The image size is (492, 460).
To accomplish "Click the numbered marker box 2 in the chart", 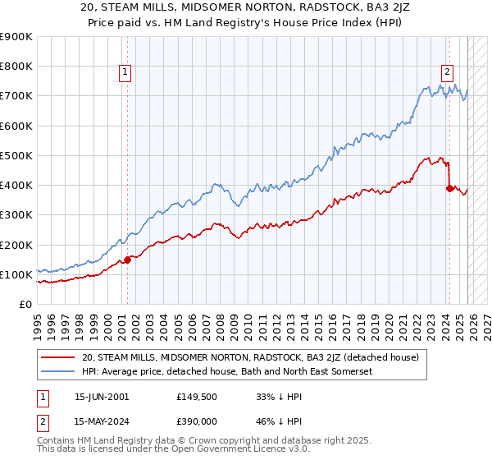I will pos(448,71).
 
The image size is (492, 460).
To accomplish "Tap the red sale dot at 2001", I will pos(128,260).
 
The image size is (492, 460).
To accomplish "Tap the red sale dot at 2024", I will pos(449,188).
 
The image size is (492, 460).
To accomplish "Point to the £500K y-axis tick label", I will pos(16,155).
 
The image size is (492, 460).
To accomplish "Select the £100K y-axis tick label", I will pos(16,274).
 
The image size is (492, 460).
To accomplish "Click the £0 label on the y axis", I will pos(25,305).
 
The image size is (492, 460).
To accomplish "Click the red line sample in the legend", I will pos(57,357).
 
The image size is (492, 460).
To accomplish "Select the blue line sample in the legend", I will pos(57,371).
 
